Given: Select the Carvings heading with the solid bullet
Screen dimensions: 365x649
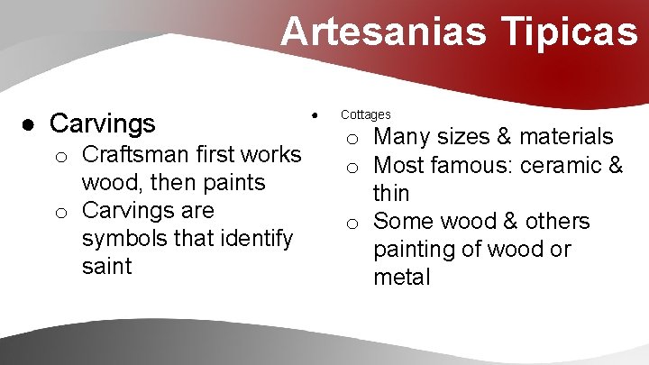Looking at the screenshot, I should click(x=103, y=123).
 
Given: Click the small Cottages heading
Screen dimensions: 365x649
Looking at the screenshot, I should click(x=365, y=114).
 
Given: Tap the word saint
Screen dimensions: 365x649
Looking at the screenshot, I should click(x=106, y=266).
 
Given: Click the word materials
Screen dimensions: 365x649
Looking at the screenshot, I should click(x=567, y=137).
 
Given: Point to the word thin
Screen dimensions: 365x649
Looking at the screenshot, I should click(x=391, y=193).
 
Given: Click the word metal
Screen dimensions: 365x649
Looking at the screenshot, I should click(x=402, y=277).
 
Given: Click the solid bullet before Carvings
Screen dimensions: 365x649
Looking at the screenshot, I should click(x=30, y=123).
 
